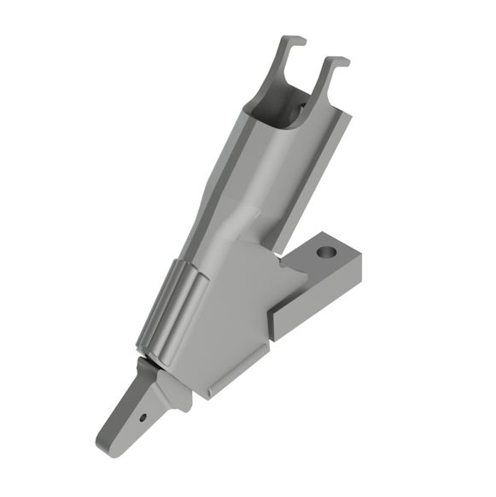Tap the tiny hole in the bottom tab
coord(143,418)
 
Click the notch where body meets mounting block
coord(282,265)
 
